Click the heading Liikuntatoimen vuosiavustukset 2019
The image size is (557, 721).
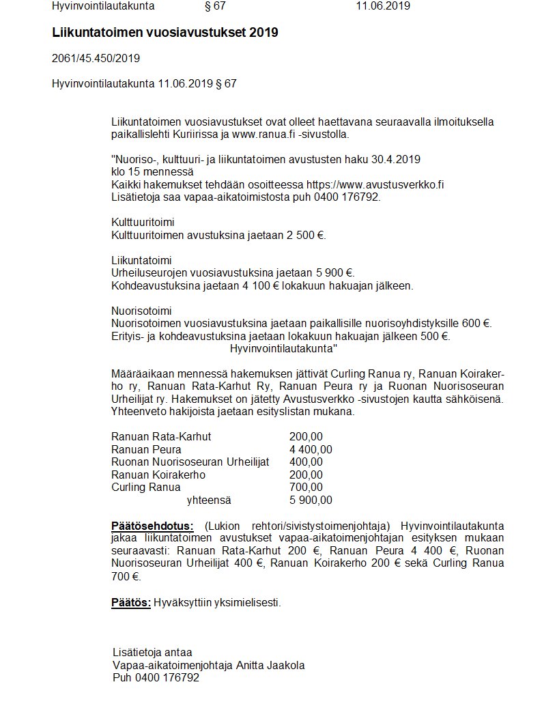[165, 33]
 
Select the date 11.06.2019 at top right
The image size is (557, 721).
[382, 6]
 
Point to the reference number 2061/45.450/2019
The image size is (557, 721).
[96, 58]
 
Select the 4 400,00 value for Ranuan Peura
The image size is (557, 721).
[311, 449]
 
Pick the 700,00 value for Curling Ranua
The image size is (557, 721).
[306, 487]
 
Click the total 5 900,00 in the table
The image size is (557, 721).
[311, 500]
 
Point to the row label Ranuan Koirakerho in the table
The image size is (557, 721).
[158, 475]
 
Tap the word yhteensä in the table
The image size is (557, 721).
[209, 500]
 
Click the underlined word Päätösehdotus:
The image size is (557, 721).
[152, 526]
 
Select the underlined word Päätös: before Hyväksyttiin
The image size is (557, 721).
[130, 602]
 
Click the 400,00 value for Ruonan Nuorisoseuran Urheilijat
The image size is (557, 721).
[306, 462]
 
